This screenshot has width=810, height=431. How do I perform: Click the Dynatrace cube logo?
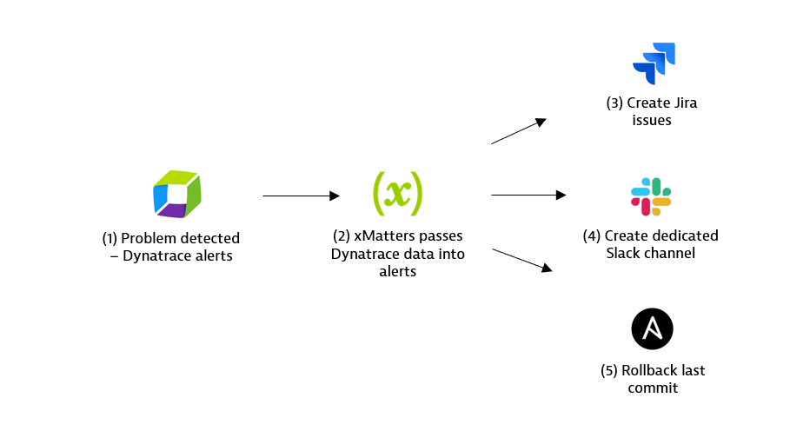pos(176,196)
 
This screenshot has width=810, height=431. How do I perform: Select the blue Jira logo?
pos(654,63)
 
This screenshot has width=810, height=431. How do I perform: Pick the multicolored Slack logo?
pos(651,196)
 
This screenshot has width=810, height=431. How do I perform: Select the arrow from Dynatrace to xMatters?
pos(301,196)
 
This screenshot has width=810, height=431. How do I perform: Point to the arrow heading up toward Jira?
pos(518,131)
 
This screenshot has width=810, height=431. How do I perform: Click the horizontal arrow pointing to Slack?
pos(528,196)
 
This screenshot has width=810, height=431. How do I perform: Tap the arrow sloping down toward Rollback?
pos(521,261)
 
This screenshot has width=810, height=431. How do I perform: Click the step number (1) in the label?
pos(110,238)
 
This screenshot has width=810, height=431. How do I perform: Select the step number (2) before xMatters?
pos(342,237)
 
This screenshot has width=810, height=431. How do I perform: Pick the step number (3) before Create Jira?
pos(615,103)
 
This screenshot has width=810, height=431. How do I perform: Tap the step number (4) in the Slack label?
pos(592,235)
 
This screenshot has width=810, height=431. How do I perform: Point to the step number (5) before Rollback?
pos(609,370)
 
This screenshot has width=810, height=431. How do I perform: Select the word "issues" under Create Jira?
pos(652,121)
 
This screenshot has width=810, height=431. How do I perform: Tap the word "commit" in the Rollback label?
pos(653,388)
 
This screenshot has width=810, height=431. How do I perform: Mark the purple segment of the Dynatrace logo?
pos(173,211)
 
